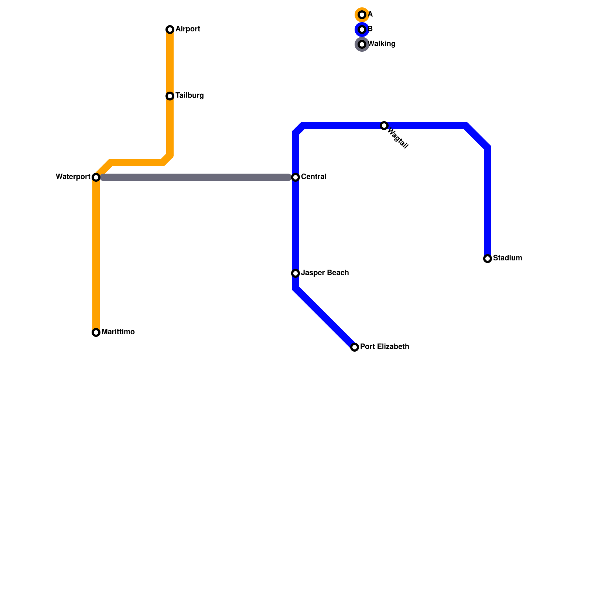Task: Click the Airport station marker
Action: pos(170,30)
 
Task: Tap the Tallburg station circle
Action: pos(170,96)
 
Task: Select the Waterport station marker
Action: pos(96,177)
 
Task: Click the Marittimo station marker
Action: pos(96,332)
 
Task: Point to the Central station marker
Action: pos(295,177)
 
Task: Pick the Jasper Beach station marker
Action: pos(295,273)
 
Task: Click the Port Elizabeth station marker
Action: pos(355,347)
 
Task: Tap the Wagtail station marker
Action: pos(384,126)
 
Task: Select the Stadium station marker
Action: pos(488,259)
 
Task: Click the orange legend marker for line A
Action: pos(362,15)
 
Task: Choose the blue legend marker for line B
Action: pos(362,30)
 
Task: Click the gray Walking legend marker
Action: pos(362,44)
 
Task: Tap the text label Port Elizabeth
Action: pos(385,347)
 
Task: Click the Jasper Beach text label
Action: pos(325,273)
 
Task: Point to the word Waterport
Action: pos(73,177)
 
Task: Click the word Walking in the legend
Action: pos(382,44)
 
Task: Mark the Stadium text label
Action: pos(507,258)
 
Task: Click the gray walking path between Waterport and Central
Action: pos(196,177)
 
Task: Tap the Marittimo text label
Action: pos(118,332)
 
